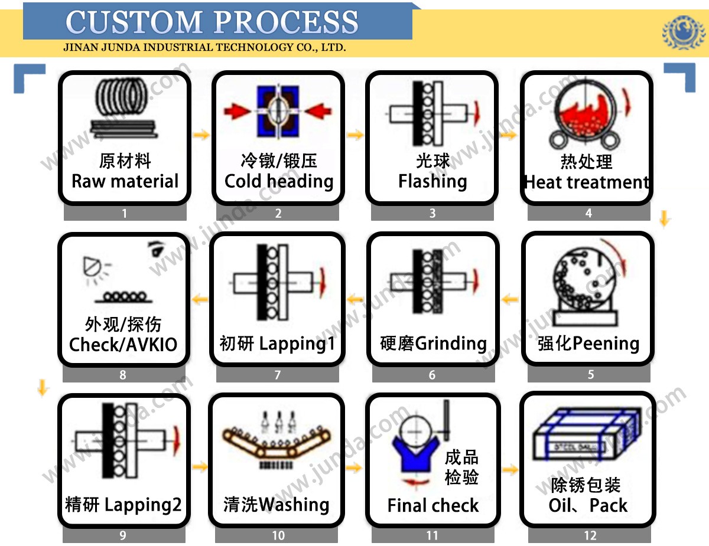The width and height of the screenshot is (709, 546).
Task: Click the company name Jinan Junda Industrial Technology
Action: [204, 48]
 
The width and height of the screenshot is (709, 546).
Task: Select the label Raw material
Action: [125, 181]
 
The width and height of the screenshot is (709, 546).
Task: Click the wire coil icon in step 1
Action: [125, 109]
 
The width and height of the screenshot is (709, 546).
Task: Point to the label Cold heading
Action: [279, 181]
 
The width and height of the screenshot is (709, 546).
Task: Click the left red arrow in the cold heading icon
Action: [236, 110]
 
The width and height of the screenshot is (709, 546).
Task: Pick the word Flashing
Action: [432, 181]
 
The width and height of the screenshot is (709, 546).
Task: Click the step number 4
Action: [588, 213]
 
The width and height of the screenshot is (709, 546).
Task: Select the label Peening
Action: [606, 344]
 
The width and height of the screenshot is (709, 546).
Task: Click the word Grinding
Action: [451, 344]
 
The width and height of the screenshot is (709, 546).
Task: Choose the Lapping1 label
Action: [297, 344]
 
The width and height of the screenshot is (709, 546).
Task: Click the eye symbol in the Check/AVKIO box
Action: [155, 250]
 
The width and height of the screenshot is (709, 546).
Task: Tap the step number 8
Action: [123, 375]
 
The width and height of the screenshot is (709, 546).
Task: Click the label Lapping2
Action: [143, 505]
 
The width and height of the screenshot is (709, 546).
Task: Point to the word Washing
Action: [294, 505]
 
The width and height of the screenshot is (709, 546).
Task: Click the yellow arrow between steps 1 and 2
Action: [201, 135]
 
